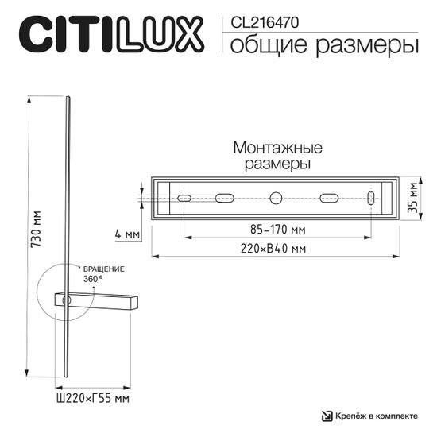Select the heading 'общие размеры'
[324, 46]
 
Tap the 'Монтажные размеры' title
[277, 156]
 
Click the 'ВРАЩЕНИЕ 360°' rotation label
[105, 274]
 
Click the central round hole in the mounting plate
[277, 198]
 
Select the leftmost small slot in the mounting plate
[184, 198]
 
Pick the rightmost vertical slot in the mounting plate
[371, 198]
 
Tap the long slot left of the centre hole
[224, 198]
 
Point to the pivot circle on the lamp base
[67, 300]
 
